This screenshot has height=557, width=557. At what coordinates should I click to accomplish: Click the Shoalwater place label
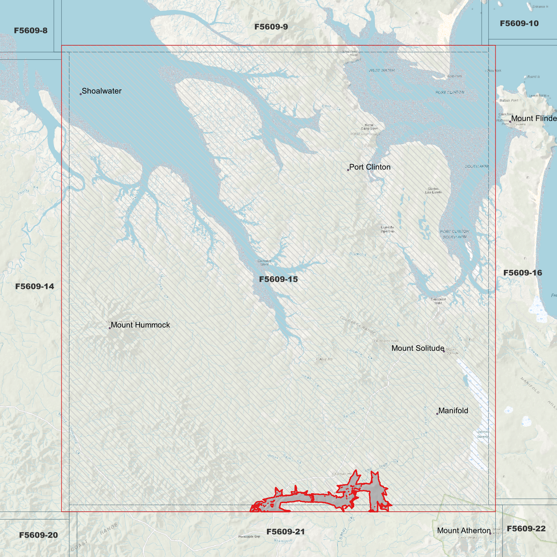[101, 91]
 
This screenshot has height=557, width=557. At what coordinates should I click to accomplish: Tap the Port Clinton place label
[370, 167]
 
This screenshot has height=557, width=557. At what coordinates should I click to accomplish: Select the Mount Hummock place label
[140, 325]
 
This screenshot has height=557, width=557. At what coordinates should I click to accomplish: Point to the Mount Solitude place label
[418, 348]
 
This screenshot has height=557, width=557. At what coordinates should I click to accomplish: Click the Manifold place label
[453, 411]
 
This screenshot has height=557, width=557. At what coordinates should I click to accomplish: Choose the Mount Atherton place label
[464, 531]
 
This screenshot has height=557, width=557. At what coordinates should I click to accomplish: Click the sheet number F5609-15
[278, 279]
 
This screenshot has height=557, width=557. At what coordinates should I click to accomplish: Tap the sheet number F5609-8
[31, 30]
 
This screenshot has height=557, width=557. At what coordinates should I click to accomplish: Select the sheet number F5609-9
[271, 27]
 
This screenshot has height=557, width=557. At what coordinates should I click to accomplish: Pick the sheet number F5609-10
[519, 24]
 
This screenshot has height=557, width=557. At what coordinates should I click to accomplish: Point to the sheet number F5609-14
[35, 286]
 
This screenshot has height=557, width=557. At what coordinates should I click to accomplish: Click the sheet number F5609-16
[523, 273]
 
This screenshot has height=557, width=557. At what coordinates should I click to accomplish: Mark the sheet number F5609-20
[39, 535]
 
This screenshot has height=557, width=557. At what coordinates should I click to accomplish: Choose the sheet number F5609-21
[286, 532]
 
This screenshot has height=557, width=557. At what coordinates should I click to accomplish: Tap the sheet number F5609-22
[526, 528]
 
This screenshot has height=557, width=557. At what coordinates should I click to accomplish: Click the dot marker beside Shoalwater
[81, 94]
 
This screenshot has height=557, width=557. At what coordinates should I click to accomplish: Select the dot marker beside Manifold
[437, 414]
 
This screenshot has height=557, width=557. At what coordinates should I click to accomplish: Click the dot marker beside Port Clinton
[348, 170]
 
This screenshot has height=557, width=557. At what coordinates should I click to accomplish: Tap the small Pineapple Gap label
[249, 537]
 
